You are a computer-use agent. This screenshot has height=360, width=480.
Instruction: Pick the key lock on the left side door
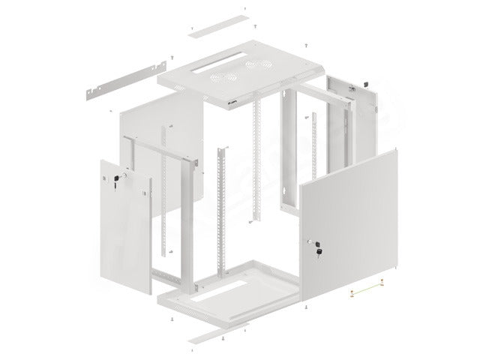tap(117, 179)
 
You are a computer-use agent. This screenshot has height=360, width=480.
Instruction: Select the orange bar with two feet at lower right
tap(367, 287)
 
